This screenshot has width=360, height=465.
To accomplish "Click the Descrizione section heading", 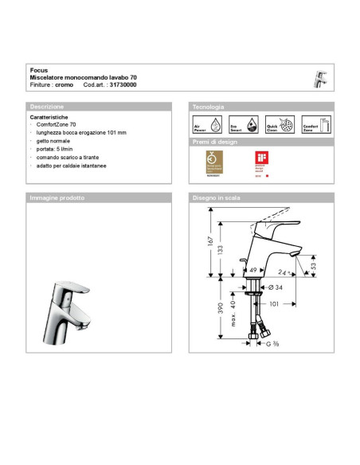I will tap(47, 106).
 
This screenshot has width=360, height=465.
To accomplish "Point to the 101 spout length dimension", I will tap(275, 303).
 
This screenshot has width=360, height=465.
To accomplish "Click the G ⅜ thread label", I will tap(273, 343).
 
